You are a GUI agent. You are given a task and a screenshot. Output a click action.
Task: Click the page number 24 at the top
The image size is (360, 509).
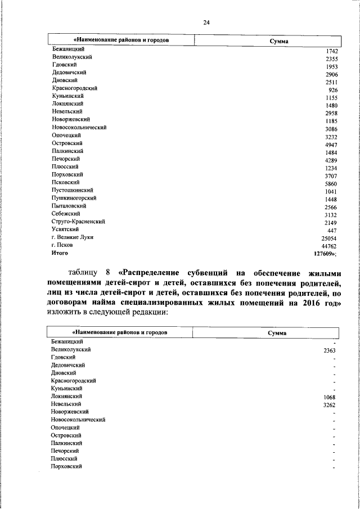click(206, 22)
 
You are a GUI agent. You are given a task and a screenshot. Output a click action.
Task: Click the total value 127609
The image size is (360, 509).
click(325, 253)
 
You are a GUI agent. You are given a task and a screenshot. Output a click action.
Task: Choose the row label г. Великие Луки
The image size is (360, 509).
click(73, 237)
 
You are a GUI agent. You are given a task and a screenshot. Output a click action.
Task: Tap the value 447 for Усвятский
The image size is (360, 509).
click(332, 230)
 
